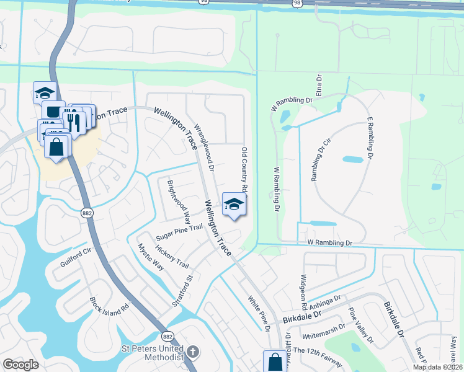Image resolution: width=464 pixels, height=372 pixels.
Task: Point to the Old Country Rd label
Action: click(x=244, y=169)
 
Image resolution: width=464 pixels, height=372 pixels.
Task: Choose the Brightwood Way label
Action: click(x=179, y=201)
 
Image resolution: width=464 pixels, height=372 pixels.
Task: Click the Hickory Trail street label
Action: click(x=172, y=255)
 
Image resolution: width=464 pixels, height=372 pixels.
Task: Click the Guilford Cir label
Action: click(x=76, y=258)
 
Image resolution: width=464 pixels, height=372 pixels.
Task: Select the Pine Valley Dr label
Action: click(x=360, y=326)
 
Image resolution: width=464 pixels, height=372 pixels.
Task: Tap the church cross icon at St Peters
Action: click(x=193, y=352)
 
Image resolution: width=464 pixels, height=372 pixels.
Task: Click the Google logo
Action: click(x=20, y=365)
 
